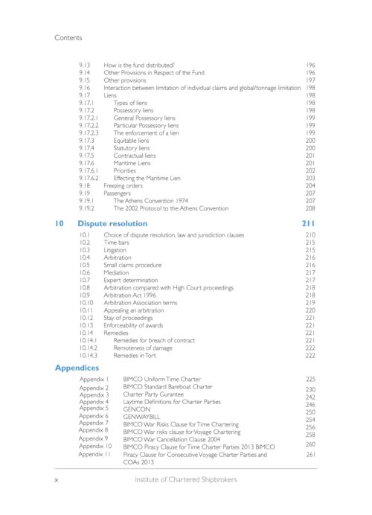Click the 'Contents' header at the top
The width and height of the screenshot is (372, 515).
[68, 36]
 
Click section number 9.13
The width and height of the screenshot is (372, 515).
[85, 65]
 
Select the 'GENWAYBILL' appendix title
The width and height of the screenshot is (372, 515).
[143, 419]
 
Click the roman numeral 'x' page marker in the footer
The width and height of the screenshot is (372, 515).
[57, 480]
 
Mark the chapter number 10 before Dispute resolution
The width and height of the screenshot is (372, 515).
[60, 223]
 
